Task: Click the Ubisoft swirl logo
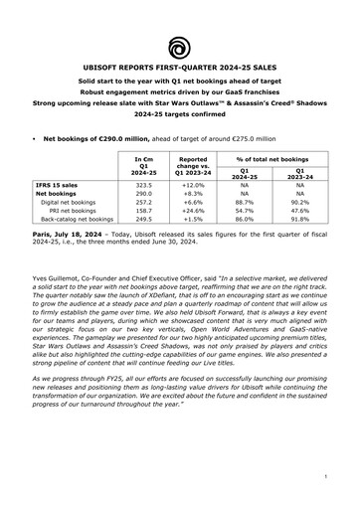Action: [x=179, y=46]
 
